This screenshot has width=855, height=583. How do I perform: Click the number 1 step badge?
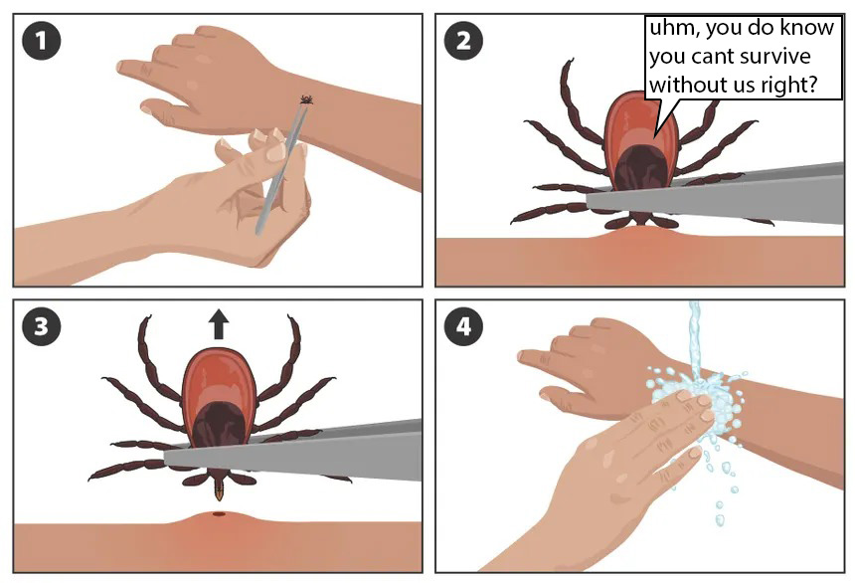pyautogui.click(x=42, y=41)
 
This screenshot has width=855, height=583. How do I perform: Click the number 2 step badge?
pyautogui.click(x=463, y=41)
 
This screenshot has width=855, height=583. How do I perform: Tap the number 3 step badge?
pyautogui.click(x=42, y=327)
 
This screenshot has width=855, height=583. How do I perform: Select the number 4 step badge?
pyautogui.click(x=463, y=327)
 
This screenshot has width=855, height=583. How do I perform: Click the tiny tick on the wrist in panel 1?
pyautogui.click(x=307, y=99)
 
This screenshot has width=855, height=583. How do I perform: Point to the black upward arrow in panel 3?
pyautogui.click(x=219, y=323)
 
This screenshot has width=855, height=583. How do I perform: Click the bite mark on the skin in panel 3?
pyautogui.click(x=219, y=513)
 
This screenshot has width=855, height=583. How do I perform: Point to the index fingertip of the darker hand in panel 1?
pyautogui.click(x=121, y=66)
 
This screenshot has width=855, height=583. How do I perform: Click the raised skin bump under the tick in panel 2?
pyautogui.click(x=640, y=235)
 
